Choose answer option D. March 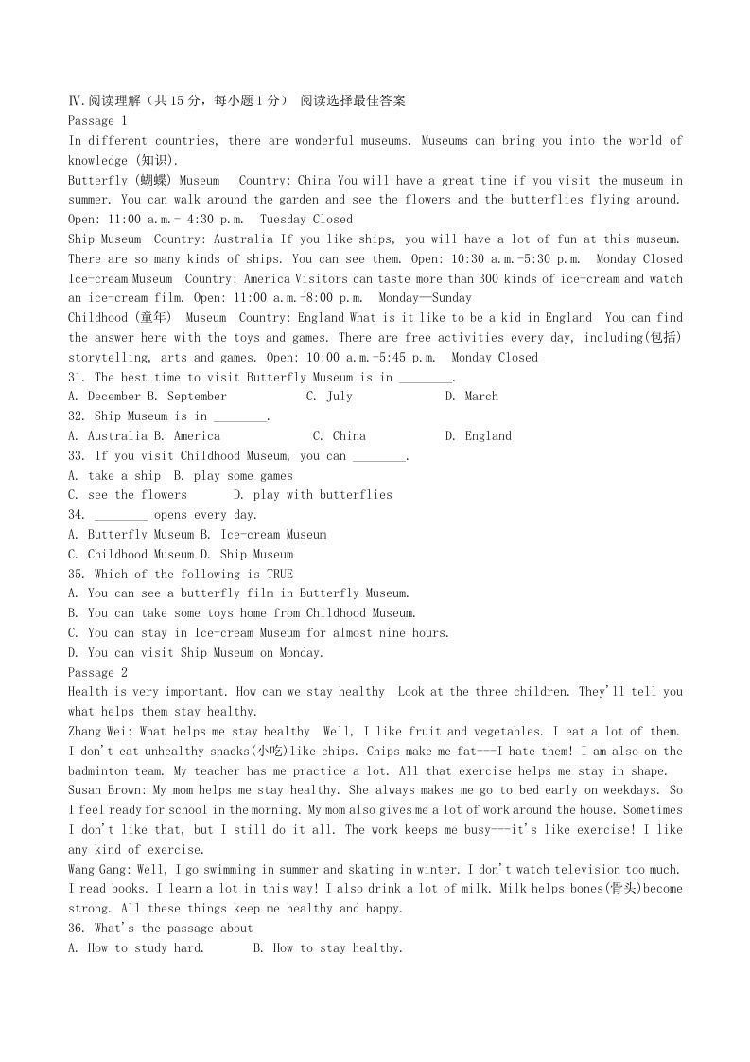pos(471,397)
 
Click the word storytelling pos(111,358)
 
